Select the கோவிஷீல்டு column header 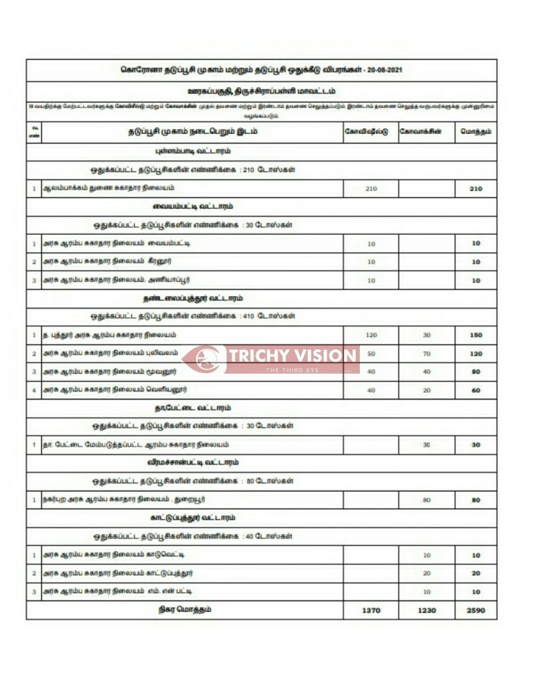point(371,132)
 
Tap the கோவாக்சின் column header point(426,132)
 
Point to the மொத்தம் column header point(476,132)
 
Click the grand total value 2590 point(476,611)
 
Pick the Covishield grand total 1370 point(371,611)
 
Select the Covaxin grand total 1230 point(426,611)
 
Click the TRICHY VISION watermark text point(293,356)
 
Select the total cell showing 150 point(476,335)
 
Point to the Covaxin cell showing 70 point(426,354)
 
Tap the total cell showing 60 point(476,390)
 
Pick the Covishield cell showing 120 point(371,335)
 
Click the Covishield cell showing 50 point(371,354)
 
